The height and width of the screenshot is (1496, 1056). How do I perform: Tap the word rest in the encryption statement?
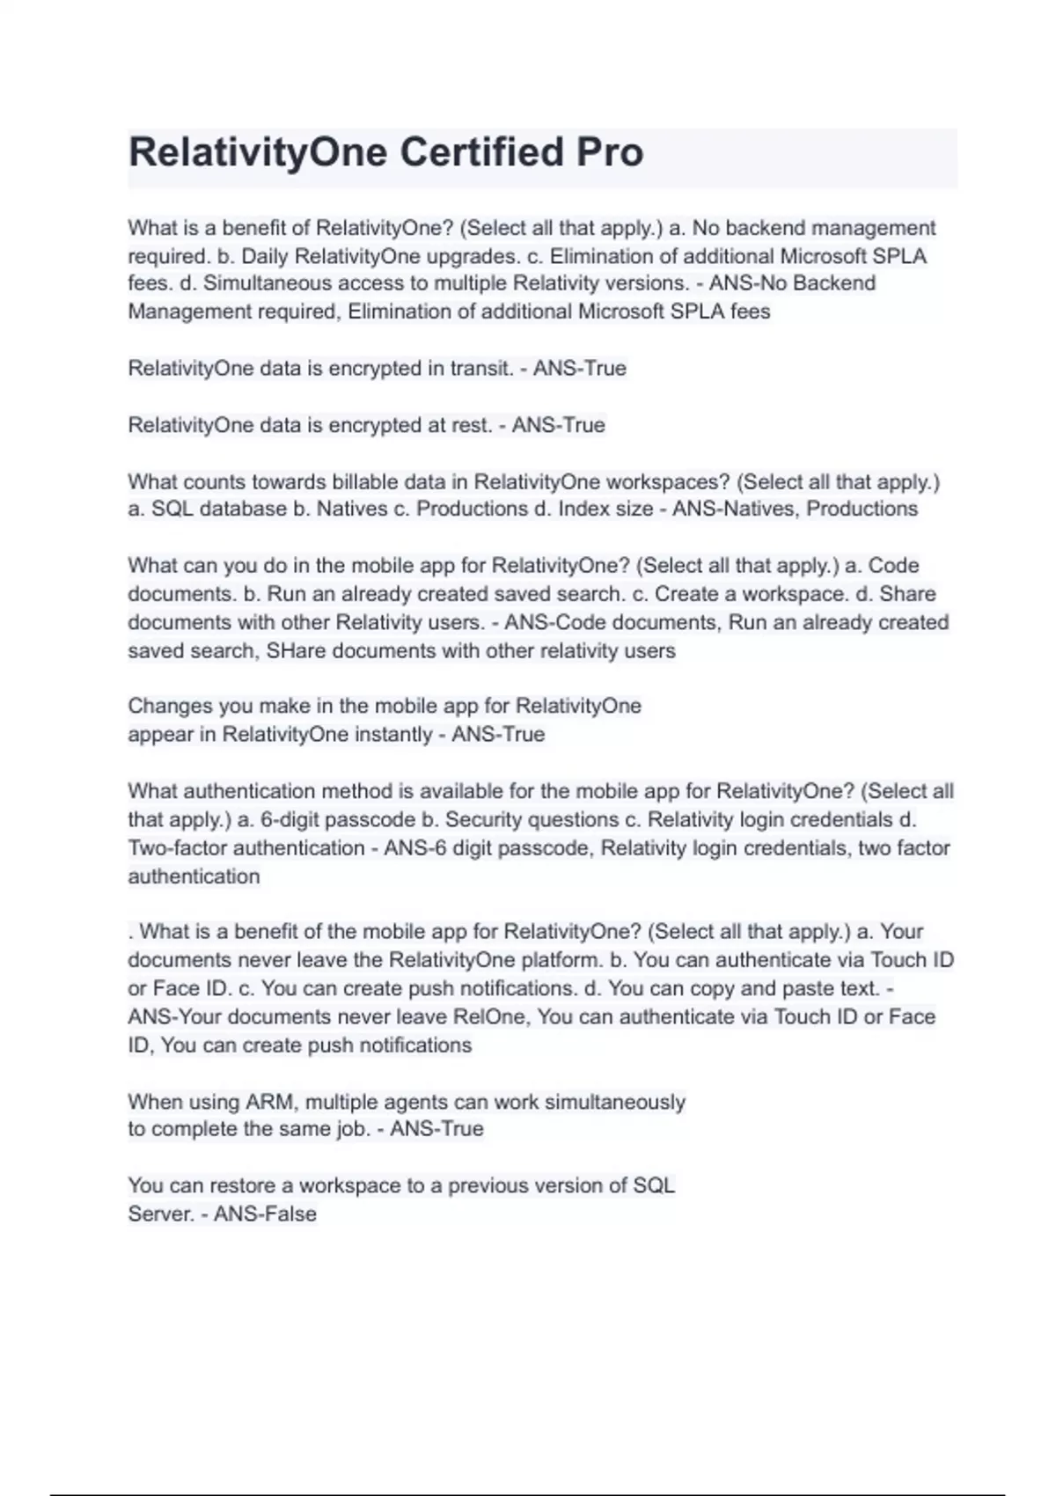472,425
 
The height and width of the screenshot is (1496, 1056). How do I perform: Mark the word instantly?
390,735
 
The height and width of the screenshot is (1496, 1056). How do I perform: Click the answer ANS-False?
265,1214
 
